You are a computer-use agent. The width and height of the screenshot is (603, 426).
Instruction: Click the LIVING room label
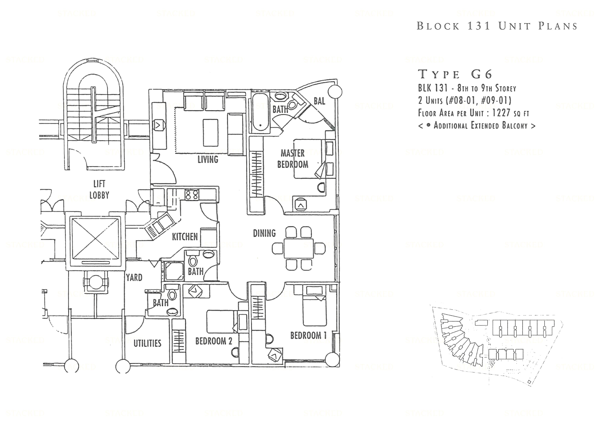(x=208, y=159)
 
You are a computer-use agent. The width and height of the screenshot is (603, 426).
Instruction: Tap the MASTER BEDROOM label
(x=293, y=159)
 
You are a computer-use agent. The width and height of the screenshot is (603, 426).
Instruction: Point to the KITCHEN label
(x=185, y=237)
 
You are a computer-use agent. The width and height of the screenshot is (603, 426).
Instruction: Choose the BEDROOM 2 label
(x=213, y=341)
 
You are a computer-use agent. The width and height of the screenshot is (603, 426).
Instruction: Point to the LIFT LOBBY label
(x=99, y=189)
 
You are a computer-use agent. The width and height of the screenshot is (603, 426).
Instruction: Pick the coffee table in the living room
(x=210, y=133)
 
